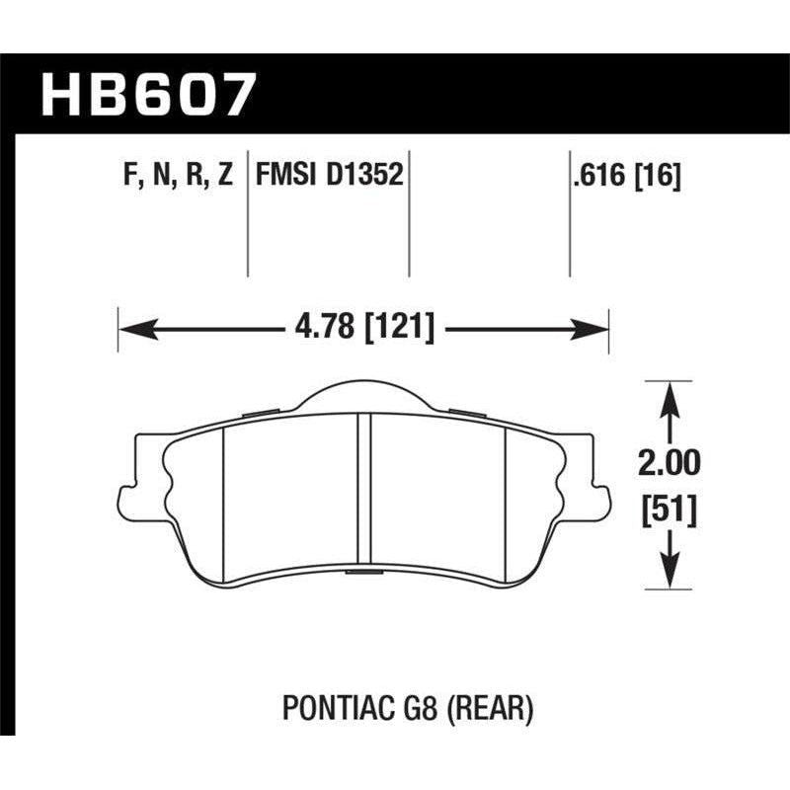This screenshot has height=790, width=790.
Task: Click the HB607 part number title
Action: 148,96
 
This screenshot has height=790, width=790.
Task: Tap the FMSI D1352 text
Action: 328,177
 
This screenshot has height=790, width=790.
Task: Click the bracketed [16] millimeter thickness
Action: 659,177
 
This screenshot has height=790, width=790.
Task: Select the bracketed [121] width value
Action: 400,327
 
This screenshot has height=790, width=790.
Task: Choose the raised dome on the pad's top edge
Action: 363,395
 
